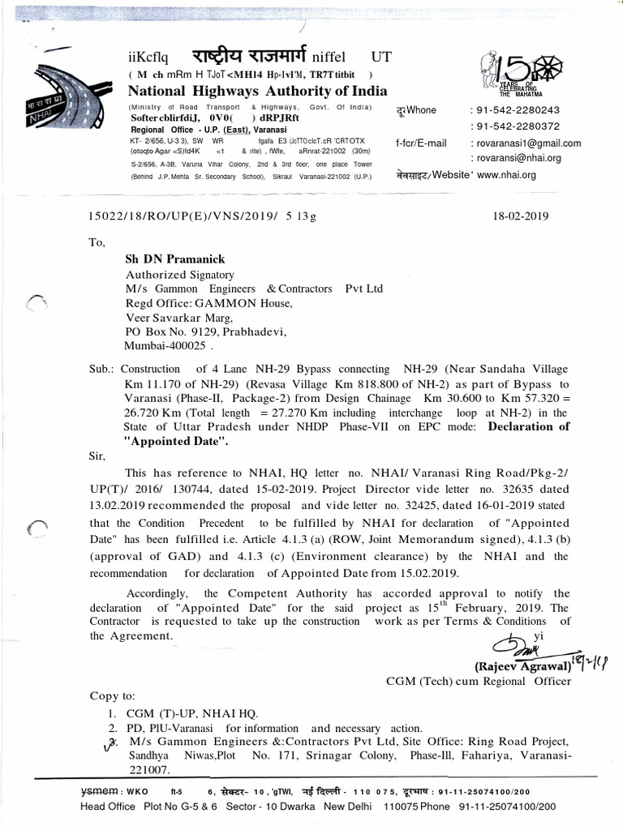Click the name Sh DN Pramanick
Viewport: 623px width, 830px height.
(x=174, y=259)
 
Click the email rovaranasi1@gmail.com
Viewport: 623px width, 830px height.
(x=528, y=143)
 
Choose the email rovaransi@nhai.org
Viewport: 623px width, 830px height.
(x=518, y=158)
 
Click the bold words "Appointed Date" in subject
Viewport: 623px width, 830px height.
(x=176, y=442)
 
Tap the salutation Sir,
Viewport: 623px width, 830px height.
(x=97, y=456)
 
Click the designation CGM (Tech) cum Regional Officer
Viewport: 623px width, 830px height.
(x=478, y=681)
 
